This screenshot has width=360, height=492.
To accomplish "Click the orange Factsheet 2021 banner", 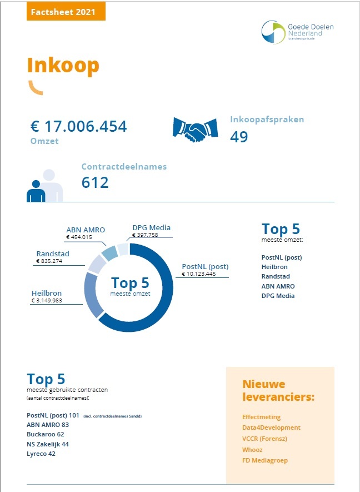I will coord(66,11).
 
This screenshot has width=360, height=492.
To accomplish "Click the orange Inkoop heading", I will coord(63,66).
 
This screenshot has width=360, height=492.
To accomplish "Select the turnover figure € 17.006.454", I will coord(78,127).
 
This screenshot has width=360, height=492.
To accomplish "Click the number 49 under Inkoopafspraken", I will coord(239,136).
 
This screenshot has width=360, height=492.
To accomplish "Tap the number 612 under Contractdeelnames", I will coord(95,182).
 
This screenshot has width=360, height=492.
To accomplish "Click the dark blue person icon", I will coord(36,191).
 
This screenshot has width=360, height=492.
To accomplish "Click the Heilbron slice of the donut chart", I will coord(91,292).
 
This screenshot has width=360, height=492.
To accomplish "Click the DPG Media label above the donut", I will coord(151,227).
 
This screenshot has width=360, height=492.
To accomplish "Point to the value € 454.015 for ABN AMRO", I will coord(79,237).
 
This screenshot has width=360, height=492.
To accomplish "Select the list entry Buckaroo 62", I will coord(46,434).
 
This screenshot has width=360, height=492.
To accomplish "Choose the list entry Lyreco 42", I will coord(41,454).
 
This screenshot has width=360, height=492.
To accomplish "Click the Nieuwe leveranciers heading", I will coord(278,391).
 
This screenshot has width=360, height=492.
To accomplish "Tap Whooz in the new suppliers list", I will coord(252,450).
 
